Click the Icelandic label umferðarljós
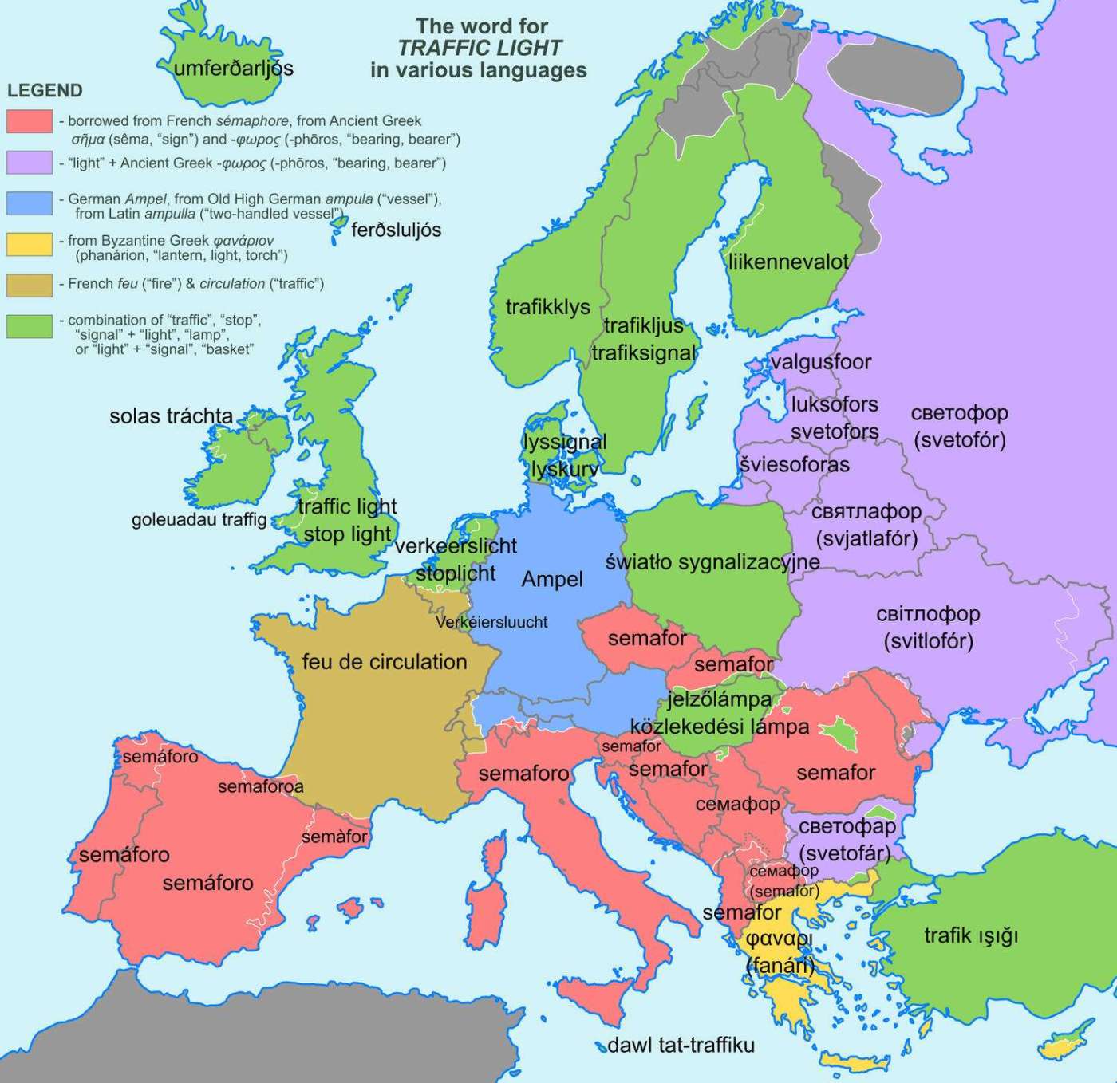click(234, 69)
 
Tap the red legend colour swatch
click(30, 121)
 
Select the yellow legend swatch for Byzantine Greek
click(30, 244)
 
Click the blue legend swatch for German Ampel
click(30, 203)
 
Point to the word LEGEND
click(45, 90)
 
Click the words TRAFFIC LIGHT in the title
click(480, 49)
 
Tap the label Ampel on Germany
click(552, 580)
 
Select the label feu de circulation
click(385, 662)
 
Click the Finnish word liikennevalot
click(788, 262)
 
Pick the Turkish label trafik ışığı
click(971, 935)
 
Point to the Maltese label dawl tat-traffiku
click(681, 1045)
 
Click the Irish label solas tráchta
click(171, 416)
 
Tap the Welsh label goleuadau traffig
click(199, 520)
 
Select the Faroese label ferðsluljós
click(396, 230)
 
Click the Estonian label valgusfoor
click(821, 362)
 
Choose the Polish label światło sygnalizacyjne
click(712, 562)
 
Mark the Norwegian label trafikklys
click(548, 307)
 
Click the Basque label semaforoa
click(261, 787)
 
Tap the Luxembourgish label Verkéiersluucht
click(491, 622)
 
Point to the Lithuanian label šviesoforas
click(795, 464)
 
